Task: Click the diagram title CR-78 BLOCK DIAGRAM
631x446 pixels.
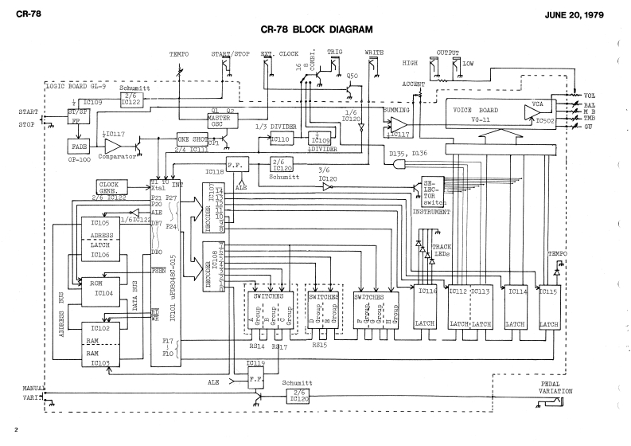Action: [317, 30]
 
